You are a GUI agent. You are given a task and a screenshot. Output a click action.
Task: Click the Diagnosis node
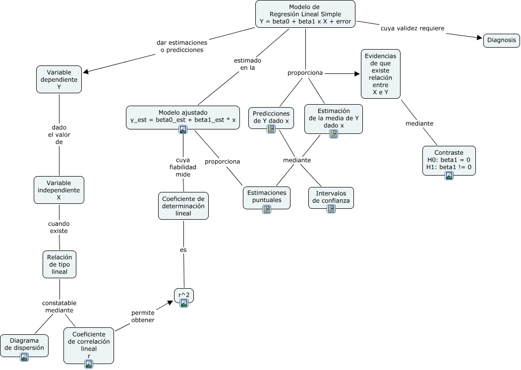[x=501, y=40]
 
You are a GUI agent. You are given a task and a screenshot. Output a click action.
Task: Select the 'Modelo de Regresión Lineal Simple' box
[x=305, y=14]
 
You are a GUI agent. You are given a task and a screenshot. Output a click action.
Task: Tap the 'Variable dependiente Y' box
[x=59, y=79]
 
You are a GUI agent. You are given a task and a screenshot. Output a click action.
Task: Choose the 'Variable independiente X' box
[x=58, y=190]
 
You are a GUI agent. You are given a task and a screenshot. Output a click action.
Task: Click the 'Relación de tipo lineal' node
[x=59, y=264]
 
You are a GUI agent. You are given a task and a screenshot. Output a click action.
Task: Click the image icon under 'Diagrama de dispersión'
[x=24, y=357]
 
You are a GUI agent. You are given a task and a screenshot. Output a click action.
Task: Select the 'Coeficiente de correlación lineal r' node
[x=89, y=345]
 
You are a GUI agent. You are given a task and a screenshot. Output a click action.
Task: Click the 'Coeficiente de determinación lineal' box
[x=183, y=206]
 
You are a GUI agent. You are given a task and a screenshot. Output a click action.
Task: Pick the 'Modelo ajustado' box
[x=183, y=117]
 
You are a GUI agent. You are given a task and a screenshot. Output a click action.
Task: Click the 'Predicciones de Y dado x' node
[x=271, y=118]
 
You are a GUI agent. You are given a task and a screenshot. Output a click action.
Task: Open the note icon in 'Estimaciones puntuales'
[x=267, y=209]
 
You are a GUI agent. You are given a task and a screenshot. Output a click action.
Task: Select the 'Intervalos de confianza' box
[x=331, y=197]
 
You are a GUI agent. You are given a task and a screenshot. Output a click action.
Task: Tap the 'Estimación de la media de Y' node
[x=333, y=119]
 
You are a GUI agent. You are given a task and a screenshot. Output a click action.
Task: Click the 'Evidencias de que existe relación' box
[x=380, y=74]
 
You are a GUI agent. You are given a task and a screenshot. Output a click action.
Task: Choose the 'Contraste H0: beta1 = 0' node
[x=449, y=160]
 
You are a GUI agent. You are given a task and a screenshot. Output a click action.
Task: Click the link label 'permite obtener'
[x=143, y=316]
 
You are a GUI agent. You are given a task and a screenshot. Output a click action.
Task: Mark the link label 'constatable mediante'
[x=59, y=307]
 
